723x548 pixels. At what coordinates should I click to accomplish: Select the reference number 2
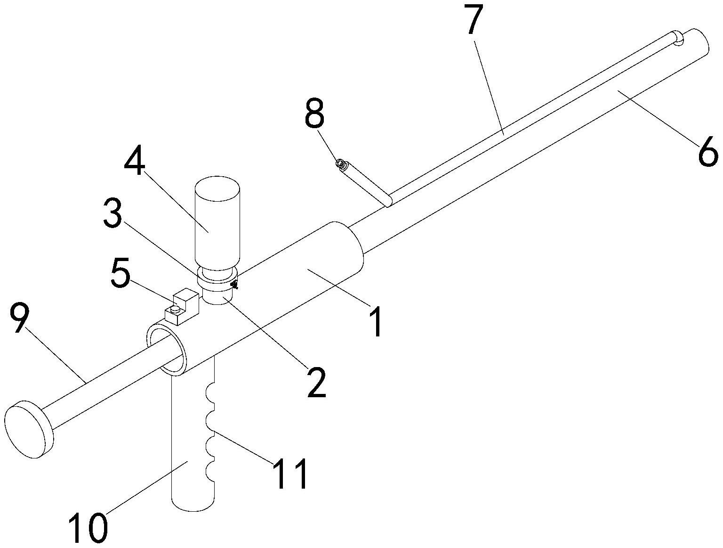point(316,382)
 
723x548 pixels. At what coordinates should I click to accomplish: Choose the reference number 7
point(475,21)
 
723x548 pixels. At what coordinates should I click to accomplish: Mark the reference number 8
point(314,113)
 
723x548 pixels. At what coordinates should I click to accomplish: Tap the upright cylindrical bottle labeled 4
point(217,224)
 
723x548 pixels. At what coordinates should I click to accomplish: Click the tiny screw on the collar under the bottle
point(234,284)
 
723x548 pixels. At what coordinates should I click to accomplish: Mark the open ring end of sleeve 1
point(166,349)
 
